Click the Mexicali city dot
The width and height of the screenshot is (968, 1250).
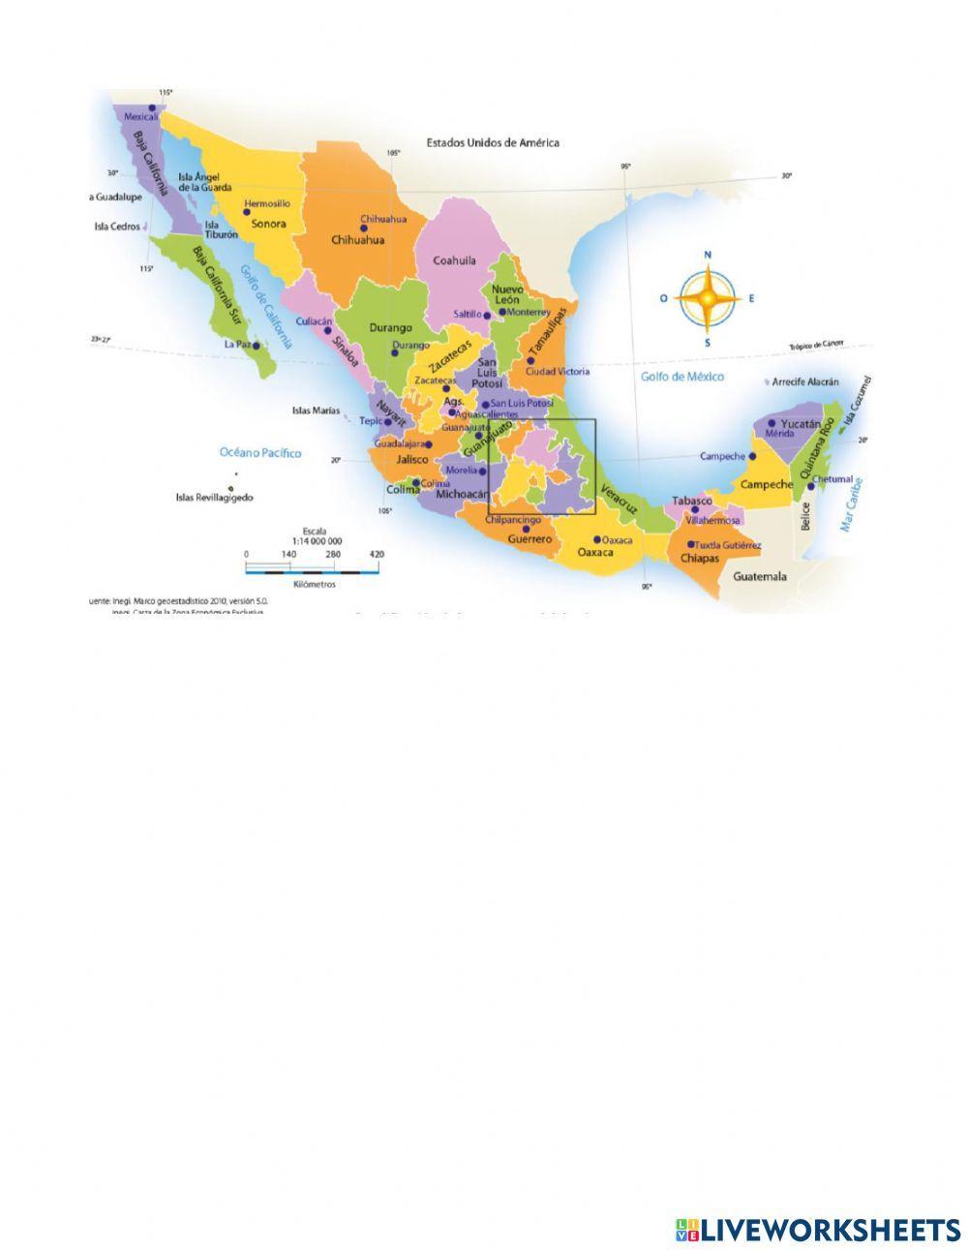click(x=153, y=107)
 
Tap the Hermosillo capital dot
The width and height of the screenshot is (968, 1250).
click(x=246, y=213)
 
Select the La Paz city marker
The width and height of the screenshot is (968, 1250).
click(x=256, y=344)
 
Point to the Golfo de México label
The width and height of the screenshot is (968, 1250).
click(x=681, y=377)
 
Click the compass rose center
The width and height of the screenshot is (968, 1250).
click(x=708, y=298)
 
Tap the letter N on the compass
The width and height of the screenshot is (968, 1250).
click(x=708, y=255)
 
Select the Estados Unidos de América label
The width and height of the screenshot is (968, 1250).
click(x=493, y=142)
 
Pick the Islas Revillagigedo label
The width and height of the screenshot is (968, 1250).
click(x=214, y=498)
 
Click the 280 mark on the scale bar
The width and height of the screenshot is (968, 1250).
click(x=334, y=554)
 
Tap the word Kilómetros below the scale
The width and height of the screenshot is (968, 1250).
click(x=312, y=584)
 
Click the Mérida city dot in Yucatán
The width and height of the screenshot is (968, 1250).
click(x=771, y=423)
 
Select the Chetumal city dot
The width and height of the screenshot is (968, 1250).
click(x=811, y=486)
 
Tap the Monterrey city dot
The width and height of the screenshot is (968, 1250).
click(x=501, y=312)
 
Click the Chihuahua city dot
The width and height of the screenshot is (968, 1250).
click(x=364, y=229)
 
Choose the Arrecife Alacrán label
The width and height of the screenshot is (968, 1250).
click(x=805, y=382)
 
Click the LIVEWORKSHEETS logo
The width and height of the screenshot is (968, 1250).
click(x=818, y=1230)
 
